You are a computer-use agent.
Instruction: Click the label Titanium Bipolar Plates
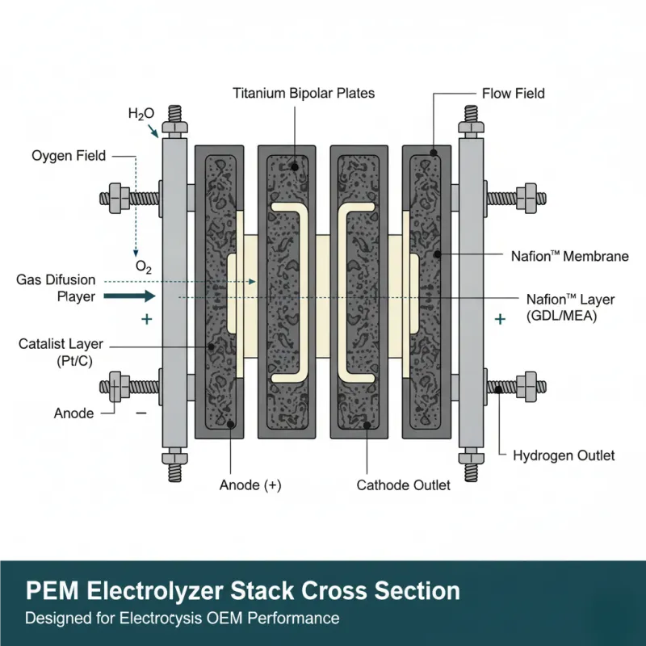(x=304, y=93)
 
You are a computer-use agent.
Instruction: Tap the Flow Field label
(x=513, y=93)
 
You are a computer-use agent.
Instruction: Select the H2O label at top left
(x=141, y=114)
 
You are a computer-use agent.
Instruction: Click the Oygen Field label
(x=69, y=155)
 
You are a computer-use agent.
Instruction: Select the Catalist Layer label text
(x=61, y=345)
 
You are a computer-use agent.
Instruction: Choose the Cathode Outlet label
(x=403, y=485)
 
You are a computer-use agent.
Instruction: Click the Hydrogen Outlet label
(x=564, y=455)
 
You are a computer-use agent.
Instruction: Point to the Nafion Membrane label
(x=569, y=256)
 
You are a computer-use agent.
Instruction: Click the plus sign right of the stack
(x=500, y=320)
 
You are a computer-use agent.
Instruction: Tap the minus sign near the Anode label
(x=141, y=413)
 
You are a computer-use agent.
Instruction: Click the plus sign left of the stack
(x=146, y=320)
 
